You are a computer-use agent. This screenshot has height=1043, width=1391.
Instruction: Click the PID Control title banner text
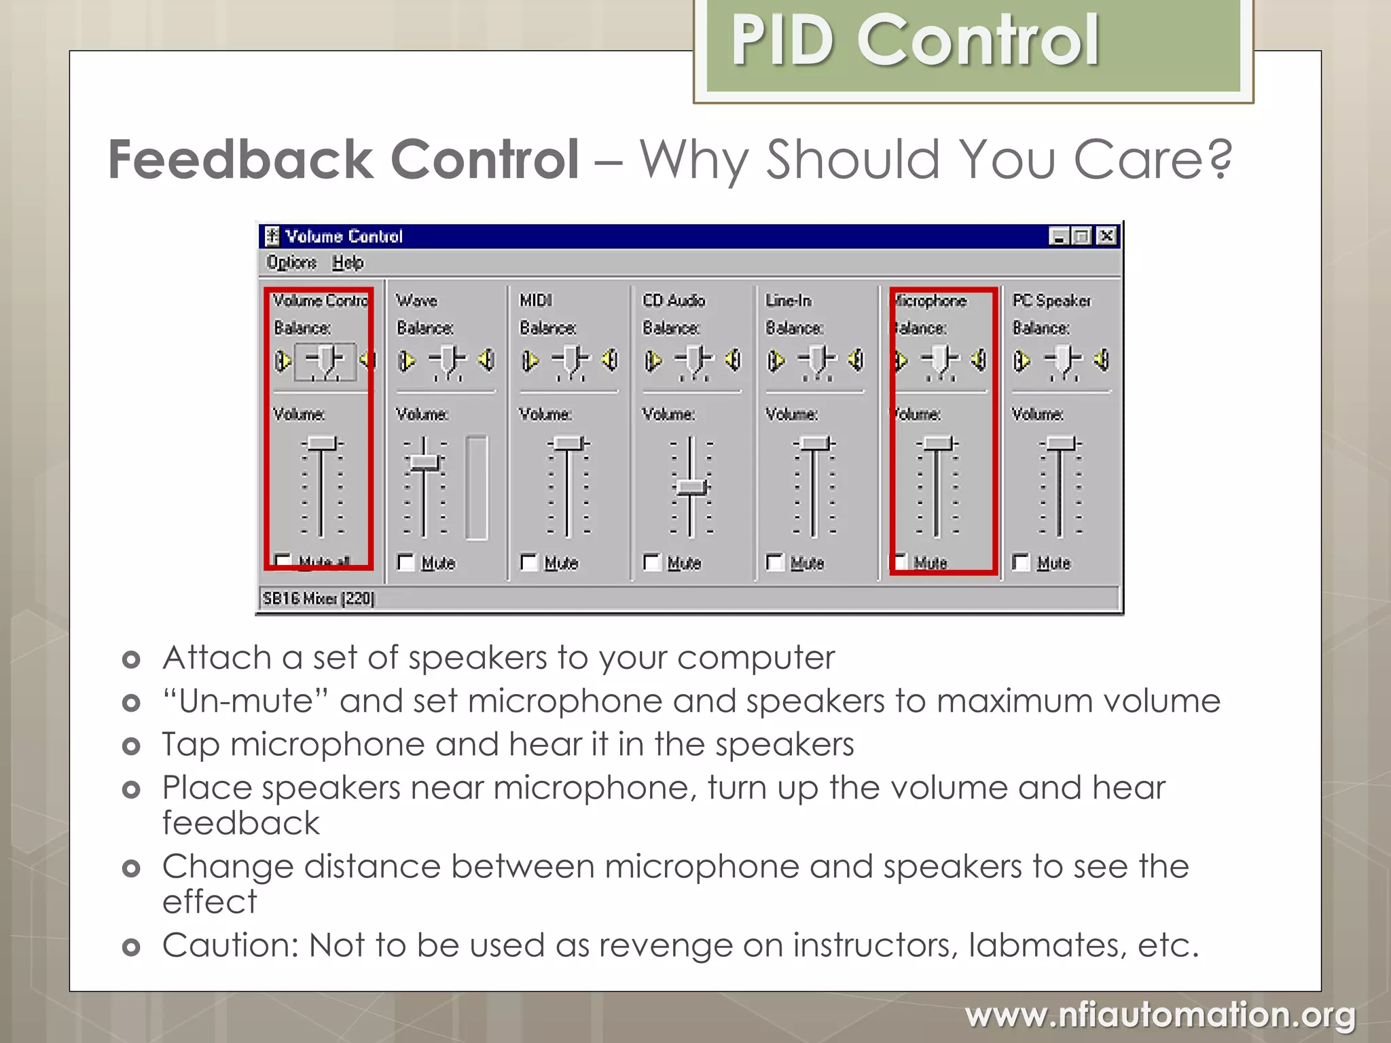click(914, 42)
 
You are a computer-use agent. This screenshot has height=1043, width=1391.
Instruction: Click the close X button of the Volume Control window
click(1106, 236)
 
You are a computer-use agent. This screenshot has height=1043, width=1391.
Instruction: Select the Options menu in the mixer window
click(291, 262)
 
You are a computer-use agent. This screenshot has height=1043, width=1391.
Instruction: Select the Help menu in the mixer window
click(348, 262)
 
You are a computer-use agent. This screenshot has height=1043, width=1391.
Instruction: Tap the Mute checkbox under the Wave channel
click(406, 562)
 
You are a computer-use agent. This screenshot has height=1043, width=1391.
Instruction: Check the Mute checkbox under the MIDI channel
click(529, 562)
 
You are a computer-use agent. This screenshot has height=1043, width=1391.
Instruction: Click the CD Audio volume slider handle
click(691, 487)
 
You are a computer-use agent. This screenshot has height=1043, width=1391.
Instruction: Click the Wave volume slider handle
click(425, 462)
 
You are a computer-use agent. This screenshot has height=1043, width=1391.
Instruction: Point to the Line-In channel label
click(789, 300)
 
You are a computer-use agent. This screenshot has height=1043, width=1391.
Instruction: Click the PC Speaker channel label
click(1051, 300)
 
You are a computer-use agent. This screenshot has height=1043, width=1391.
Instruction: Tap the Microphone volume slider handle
click(937, 443)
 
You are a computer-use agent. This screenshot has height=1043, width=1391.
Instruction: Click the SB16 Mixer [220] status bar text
click(319, 598)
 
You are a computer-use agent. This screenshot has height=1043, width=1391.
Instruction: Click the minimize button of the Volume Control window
click(1059, 236)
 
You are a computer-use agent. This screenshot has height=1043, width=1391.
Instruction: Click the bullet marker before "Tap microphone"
click(131, 746)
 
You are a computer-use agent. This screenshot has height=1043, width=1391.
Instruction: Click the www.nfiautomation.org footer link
click(1160, 1016)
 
